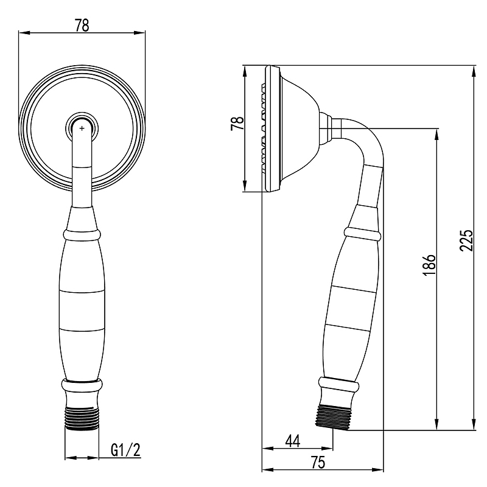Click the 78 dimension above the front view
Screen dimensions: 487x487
[x=82, y=26]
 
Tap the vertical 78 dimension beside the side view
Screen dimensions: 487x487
[x=237, y=124]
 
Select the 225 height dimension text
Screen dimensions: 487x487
[x=466, y=240]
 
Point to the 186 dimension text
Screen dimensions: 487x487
[x=429, y=265]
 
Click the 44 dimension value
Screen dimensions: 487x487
[x=293, y=441]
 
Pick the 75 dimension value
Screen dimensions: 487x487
[x=317, y=463]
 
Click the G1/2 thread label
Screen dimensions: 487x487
[x=126, y=450]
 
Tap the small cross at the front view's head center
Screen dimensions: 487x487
[x=82, y=128]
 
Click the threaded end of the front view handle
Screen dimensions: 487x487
[x=82, y=418]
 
